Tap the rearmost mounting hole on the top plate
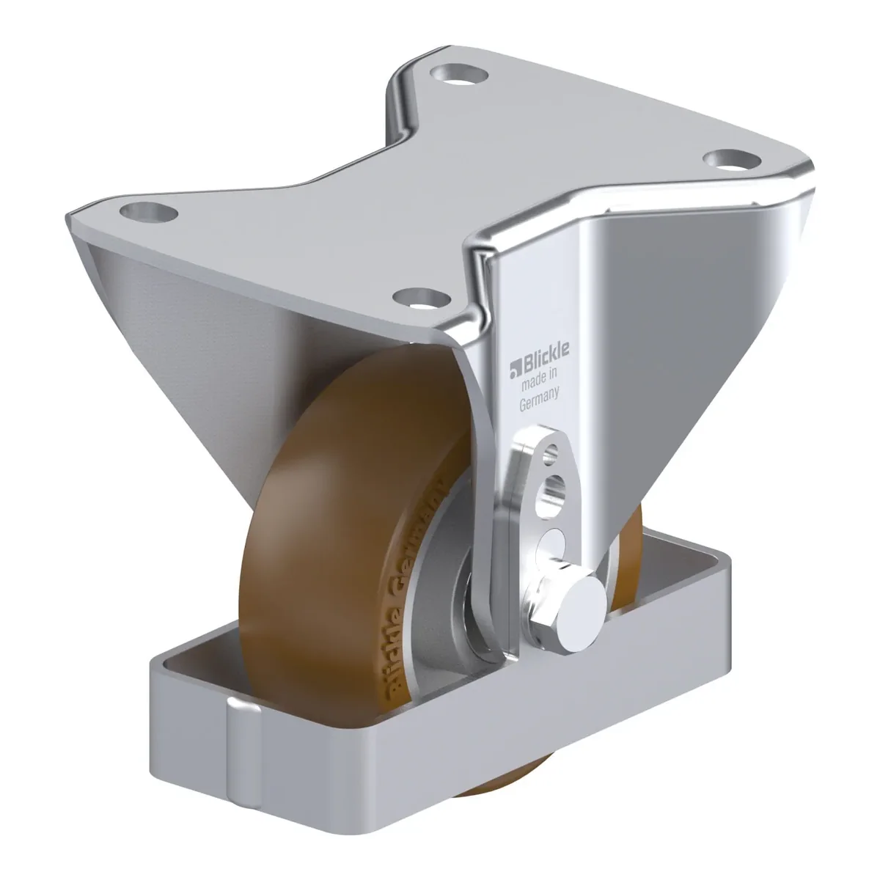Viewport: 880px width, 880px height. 459,76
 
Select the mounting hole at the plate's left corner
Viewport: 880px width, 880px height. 148,213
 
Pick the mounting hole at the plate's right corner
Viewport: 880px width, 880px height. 732,161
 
